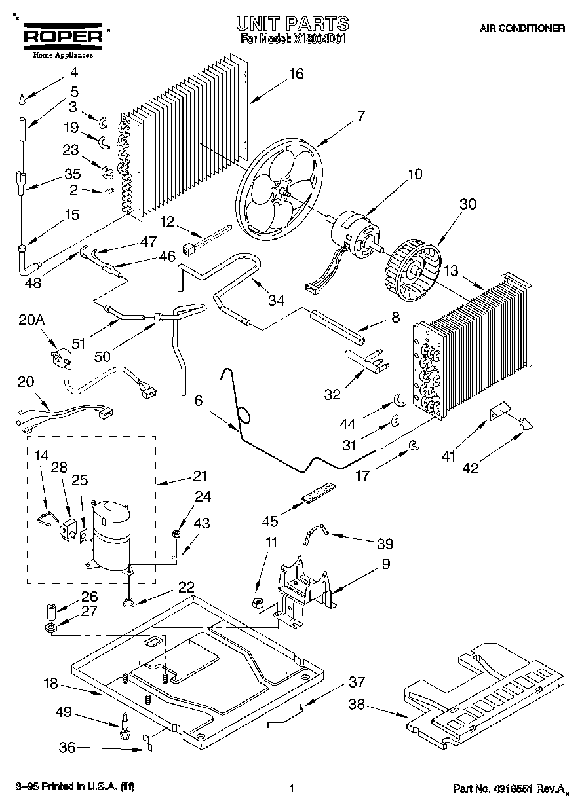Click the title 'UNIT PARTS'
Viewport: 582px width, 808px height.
(x=292, y=24)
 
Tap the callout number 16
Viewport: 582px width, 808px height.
(x=296, y=73)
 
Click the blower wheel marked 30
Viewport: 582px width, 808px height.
(x=414, y=269)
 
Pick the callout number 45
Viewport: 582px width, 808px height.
(x=270, y=521)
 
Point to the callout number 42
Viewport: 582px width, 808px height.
(x=471, y=468)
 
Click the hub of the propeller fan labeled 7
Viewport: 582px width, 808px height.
(x=284, y=193)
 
